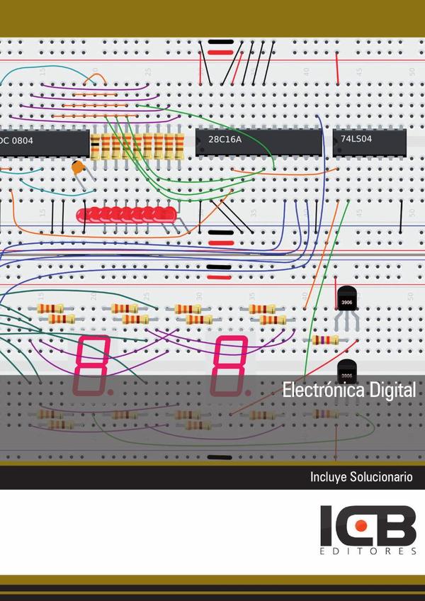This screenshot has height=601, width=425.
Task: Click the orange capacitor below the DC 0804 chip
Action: pos(79,169)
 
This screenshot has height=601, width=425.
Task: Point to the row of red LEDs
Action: pos(124,213)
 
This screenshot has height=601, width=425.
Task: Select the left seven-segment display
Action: pos(91,365)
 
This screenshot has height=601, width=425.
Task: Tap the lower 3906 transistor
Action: pos(346,369)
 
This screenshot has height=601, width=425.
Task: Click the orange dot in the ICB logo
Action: pos(361,525)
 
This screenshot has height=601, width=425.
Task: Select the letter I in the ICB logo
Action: pos(327,525)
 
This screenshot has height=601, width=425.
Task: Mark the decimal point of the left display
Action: pos(110,391)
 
